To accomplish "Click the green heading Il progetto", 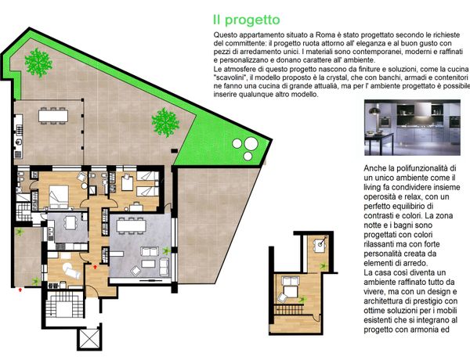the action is tap(247, 20).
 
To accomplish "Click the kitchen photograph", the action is tap(412, 128).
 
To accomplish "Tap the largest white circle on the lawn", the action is tap(251, 143).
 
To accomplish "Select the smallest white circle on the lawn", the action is tap(248, 156).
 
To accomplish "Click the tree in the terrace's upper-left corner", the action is tap(38, 63).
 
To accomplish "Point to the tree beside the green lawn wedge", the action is tap(165, 122).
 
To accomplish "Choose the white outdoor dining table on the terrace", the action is tap(53, 116).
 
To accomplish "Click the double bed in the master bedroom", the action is tap(59, 196).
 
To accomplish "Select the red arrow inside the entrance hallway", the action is tap(96, 267).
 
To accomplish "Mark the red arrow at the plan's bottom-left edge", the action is tap(20, 290).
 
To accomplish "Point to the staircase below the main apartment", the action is tap(64, 305).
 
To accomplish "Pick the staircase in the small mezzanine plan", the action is tap(288, 309).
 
